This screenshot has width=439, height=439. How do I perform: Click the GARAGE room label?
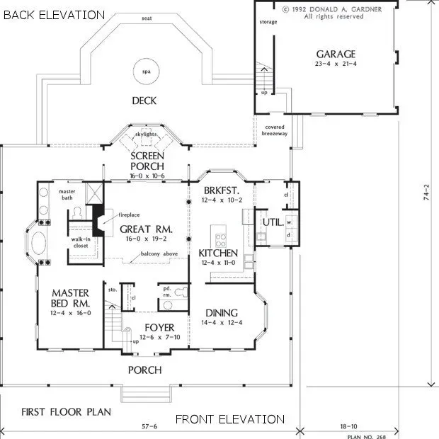point(336,54)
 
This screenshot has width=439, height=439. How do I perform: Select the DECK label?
point(144,101)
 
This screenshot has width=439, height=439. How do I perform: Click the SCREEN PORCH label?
point(147,161)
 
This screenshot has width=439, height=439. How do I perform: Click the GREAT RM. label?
point(146,229)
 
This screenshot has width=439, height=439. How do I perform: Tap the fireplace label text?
point(129,213)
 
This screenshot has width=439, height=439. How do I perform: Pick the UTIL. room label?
point(273,222)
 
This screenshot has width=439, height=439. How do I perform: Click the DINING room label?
point(221,313)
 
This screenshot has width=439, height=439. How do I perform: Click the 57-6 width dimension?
point(149,427)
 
